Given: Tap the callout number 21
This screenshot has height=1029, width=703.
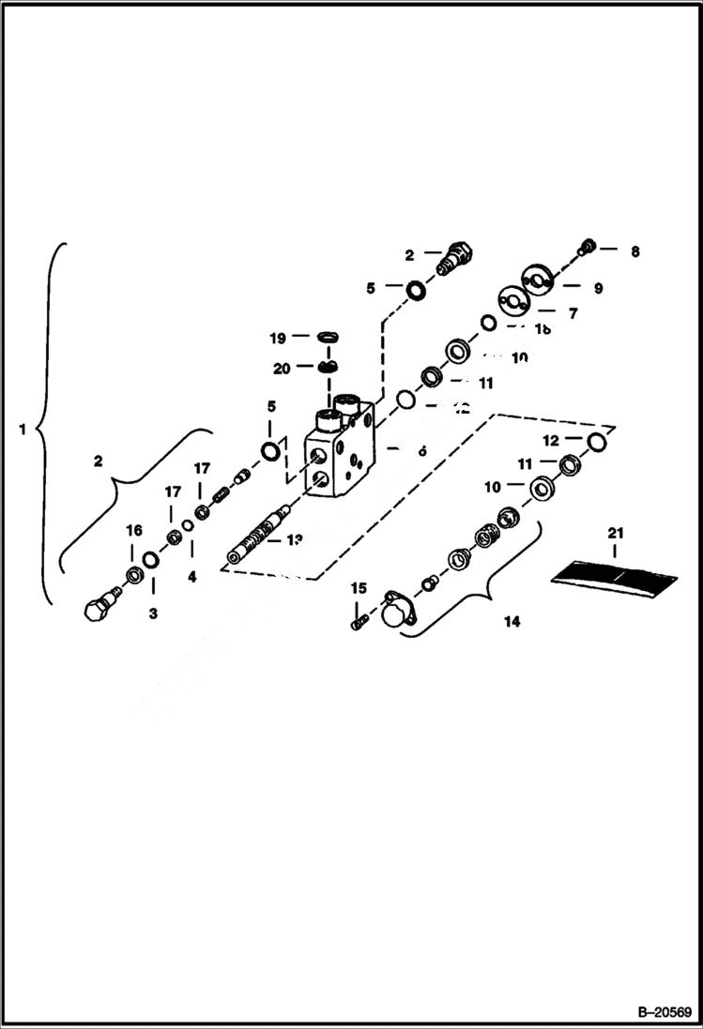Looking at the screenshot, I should (x=615, y=534).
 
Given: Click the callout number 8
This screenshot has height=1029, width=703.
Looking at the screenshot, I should (x=635, y=251).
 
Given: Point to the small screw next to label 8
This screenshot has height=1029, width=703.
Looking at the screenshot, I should (x=588, y=247).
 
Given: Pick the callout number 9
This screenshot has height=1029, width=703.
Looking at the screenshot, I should (x=598, y=288).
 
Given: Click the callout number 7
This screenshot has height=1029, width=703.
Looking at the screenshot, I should (x=573, y=313).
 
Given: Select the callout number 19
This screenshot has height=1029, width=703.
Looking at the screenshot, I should (x=278, y=336).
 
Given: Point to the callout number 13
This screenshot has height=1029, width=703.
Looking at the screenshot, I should (x=295, y=539).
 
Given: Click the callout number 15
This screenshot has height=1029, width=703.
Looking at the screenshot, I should (x=359, y=588).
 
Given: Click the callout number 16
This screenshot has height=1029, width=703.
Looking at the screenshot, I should (x=134, y=530).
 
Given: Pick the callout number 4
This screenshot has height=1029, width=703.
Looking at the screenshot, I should (x=191, y=577).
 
